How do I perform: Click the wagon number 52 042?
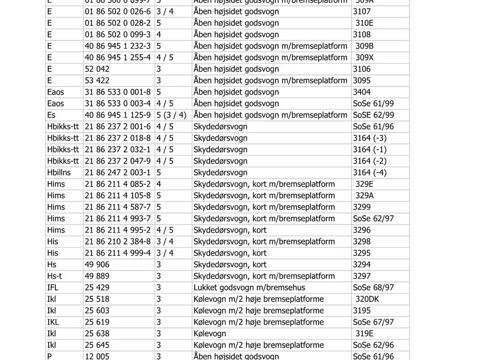pyautogui.click(x=97, y=69)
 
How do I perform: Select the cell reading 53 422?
pyautogui.click(x=97, y=81)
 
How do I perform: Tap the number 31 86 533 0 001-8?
pyautogui.click(x=117, y=92)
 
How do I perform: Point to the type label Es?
pyautogui.click(x=51, y=115)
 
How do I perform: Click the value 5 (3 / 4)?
pyautogui.click(x=171, y=115)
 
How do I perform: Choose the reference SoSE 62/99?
pyautogui.click(x=373, y=115)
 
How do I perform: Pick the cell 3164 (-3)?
pyautogui.click(x=370, y=138)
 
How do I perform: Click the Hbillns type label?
pyautogui.click(x=59, y=172)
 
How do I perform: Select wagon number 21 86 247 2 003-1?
pyautogui.click(x=117, y=172)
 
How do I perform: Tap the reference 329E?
pyautogui.click(x=364, y=184)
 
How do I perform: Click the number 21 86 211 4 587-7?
pyautogui.click(x=117, y=207)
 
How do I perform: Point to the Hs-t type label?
pyautogui.click(x=55, y=276)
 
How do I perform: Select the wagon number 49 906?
pyautogui.click(x=97, y=265)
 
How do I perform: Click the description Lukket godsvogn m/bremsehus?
pyautogui.click(x=249, y=288)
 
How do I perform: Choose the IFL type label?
pyautogui.click(x=53, y=288)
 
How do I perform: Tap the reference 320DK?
pyautogui.click(x=367, y=299)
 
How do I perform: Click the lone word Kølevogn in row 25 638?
pyautogui.click(x=210, y=334)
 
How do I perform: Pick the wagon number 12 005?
pyautogui.click(x=97, y=356)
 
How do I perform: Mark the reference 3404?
pyautogui.click(x=362, y=92)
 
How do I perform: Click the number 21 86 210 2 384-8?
pyautogui.click(x=117, y=241)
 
